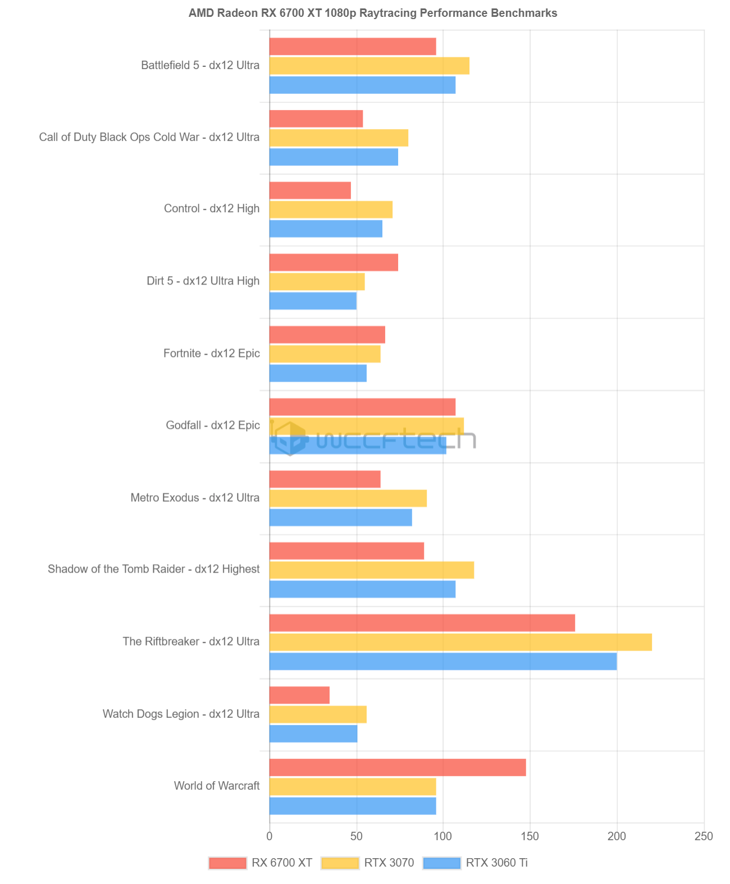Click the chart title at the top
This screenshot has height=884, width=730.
click(373, 13)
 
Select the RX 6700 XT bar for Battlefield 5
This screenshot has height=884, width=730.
click(353, 47)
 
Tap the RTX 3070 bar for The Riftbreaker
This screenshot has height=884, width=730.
click(460, 642)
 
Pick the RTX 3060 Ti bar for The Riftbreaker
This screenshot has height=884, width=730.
click(443, 661)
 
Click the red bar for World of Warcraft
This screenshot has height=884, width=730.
click(398, 767)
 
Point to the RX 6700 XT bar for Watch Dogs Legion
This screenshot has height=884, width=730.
click(299, 695)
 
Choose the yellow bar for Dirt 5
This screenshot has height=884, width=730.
click(317, 281)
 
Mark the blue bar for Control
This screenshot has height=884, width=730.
click(326, 228)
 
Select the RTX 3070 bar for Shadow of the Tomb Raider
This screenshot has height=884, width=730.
click(372, 570)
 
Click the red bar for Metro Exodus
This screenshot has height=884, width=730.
click(325, 479)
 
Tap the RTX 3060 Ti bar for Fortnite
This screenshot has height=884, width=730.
click(318, 373)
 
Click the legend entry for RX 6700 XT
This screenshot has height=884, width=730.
click(261, 863)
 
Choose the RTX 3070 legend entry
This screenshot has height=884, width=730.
click(368, 863)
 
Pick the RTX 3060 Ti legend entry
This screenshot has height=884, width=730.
click(475, 863)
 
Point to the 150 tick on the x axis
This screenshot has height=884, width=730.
click(530, 836)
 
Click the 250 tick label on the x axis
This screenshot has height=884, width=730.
click(704, 836)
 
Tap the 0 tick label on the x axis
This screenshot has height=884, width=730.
click(270, 836)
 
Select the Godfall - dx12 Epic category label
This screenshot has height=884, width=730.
click(213, 425)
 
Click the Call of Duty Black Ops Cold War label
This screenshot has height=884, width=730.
click(149, 137)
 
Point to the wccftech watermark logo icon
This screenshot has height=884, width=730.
click(289, 438)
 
